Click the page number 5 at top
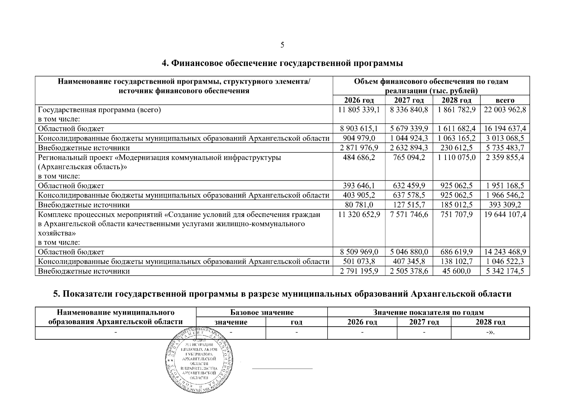pos(282,45)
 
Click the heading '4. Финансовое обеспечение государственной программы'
pos(282,63)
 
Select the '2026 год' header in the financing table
pos(359,100)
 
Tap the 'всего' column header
pos(505,100)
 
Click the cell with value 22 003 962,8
pos(505,110)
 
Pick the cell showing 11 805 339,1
pos(359,110)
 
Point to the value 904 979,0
pos(359,138)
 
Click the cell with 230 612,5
pos(456,148)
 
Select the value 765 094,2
pos(409,157)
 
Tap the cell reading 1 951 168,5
pos(505,186)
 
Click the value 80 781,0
pos(359,205)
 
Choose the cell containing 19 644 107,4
pos(505,214)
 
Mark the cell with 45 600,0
pos(456,271)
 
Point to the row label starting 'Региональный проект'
pos(159,157)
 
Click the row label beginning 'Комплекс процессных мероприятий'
pos(179,215)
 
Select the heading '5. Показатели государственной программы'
pos(282,294)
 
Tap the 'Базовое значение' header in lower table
pos(262,312)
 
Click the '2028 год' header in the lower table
pos(490,322)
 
